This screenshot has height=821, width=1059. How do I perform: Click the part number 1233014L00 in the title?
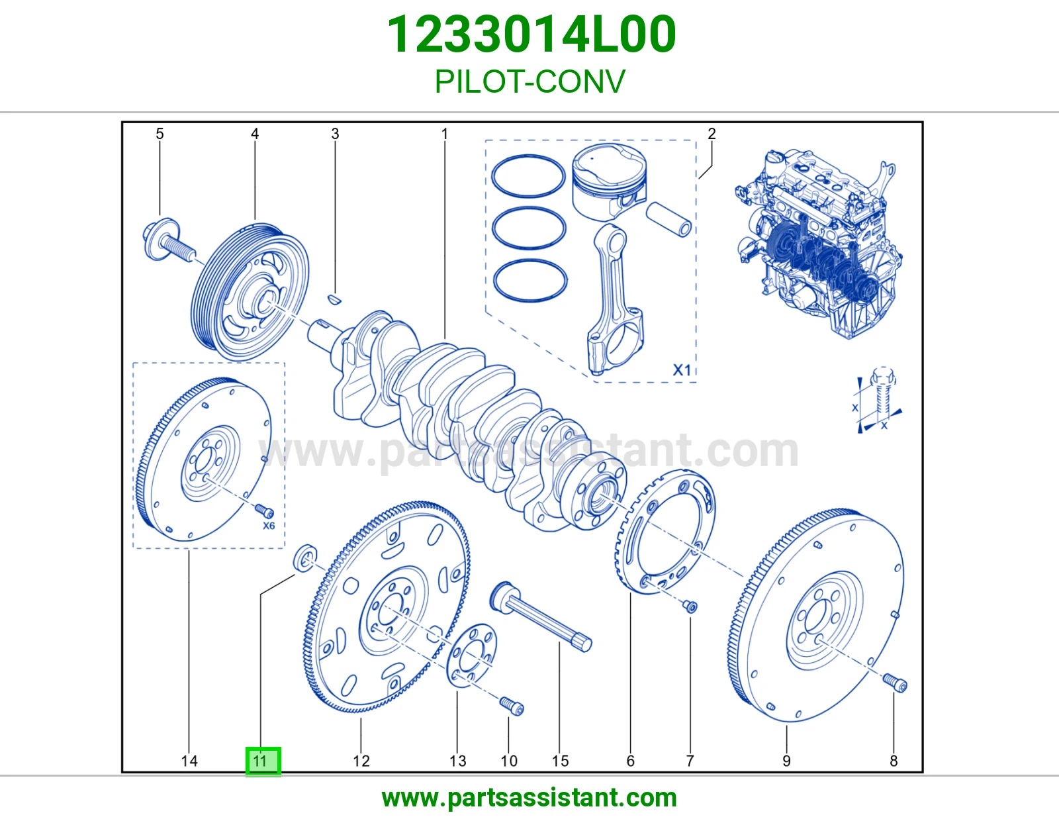[x=531, y=34]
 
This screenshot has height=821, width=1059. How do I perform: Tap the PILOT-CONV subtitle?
[x=529, y=81]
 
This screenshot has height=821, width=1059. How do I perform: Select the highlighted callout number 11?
[x=263, y=761]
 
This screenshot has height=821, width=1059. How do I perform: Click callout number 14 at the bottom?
[x=189, y=761]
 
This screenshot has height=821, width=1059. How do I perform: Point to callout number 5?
[x=160, y=133]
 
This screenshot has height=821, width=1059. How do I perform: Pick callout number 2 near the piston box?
[x=712, y=133]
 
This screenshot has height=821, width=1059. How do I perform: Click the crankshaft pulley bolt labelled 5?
[x=168, y=242]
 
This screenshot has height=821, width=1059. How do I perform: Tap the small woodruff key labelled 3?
[x=334, y=299]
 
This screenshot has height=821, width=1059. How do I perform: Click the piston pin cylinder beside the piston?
[x=668, y=219]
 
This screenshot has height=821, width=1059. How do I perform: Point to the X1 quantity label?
[x=682, y=370]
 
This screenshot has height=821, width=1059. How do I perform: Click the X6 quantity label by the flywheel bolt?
[x=269, y=526]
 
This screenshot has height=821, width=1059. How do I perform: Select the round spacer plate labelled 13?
[x=472, y=655]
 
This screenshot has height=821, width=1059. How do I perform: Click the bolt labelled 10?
[x=511, y=705]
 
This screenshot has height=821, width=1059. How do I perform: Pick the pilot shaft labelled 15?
[x=541, y=616]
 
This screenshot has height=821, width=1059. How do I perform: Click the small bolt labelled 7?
[x=690, y=606]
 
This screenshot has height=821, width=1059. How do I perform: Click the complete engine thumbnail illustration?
[x=818, y=244]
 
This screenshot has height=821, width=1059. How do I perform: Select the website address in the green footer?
[x=529, y=798]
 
